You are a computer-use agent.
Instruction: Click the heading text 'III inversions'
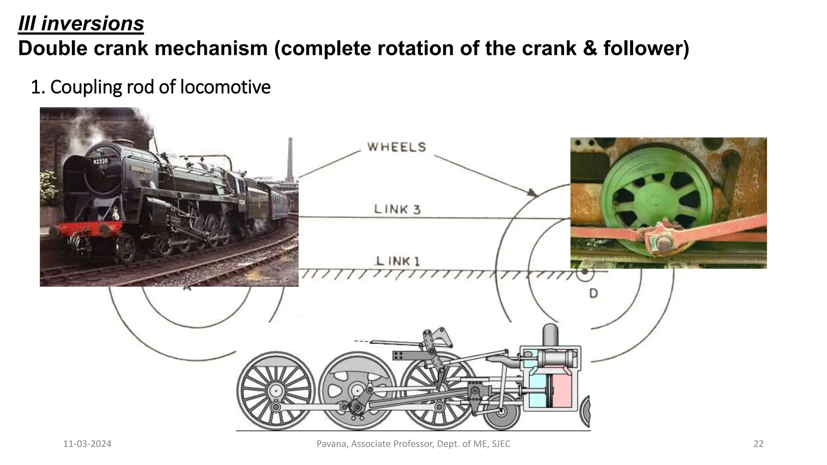(81, 23)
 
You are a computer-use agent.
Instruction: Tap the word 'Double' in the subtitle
(52, 48)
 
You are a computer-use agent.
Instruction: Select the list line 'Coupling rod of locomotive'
(150, 87)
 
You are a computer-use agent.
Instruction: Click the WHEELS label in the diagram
(396, 147)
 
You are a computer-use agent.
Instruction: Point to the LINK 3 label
(397, 209)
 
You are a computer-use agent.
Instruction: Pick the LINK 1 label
(398, 261)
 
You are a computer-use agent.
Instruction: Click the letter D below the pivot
(593, 293)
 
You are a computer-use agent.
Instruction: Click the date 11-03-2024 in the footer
(87, 444)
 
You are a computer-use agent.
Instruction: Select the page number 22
(758, 444)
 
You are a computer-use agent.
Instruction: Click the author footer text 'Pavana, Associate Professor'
(413, 444)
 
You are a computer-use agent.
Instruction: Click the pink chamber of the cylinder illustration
(563, 392)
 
